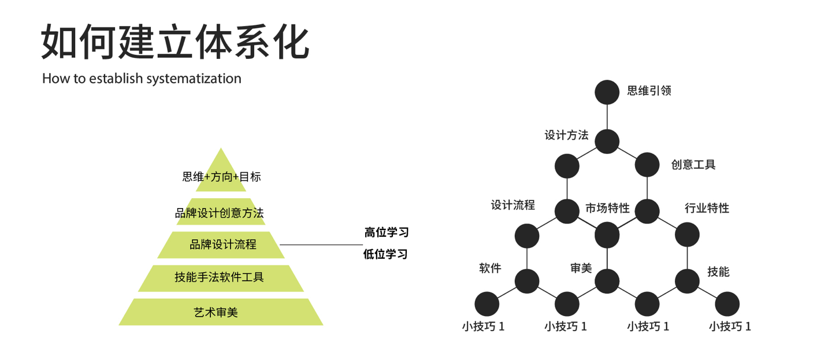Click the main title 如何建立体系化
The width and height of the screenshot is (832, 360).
click(x=176, y=42)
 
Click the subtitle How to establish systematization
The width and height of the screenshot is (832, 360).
click(x=142, y=79)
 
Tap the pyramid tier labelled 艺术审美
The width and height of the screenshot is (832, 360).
click(x=221, y=312)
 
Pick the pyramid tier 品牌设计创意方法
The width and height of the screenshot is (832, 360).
click(x=220, y=213)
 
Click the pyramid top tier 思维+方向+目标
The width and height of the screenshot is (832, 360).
click(x=221, y=176)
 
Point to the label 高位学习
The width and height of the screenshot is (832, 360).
click(x=387, y=232)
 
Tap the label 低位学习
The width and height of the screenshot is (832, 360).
click(x=385, y=254)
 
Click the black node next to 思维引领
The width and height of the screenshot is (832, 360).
click(x=607, y=91)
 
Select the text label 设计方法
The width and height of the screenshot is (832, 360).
click(x=566, y=135)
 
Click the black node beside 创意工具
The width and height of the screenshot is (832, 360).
click(x=647, y=165)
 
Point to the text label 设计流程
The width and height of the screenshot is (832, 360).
click(x=513, y=205)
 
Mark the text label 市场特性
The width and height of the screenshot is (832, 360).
click(x=607, y=208)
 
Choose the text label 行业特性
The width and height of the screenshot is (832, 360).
click(x=707, y=208)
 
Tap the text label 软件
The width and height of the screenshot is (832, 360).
click(x=490, y=268)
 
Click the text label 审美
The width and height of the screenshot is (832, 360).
click(x=581, y=268)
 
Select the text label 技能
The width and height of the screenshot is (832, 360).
click(x=719, y=271)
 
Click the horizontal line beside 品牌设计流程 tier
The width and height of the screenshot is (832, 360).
click(x=321, y=244)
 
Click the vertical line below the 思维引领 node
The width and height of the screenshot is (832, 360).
click(x=607, y=117)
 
